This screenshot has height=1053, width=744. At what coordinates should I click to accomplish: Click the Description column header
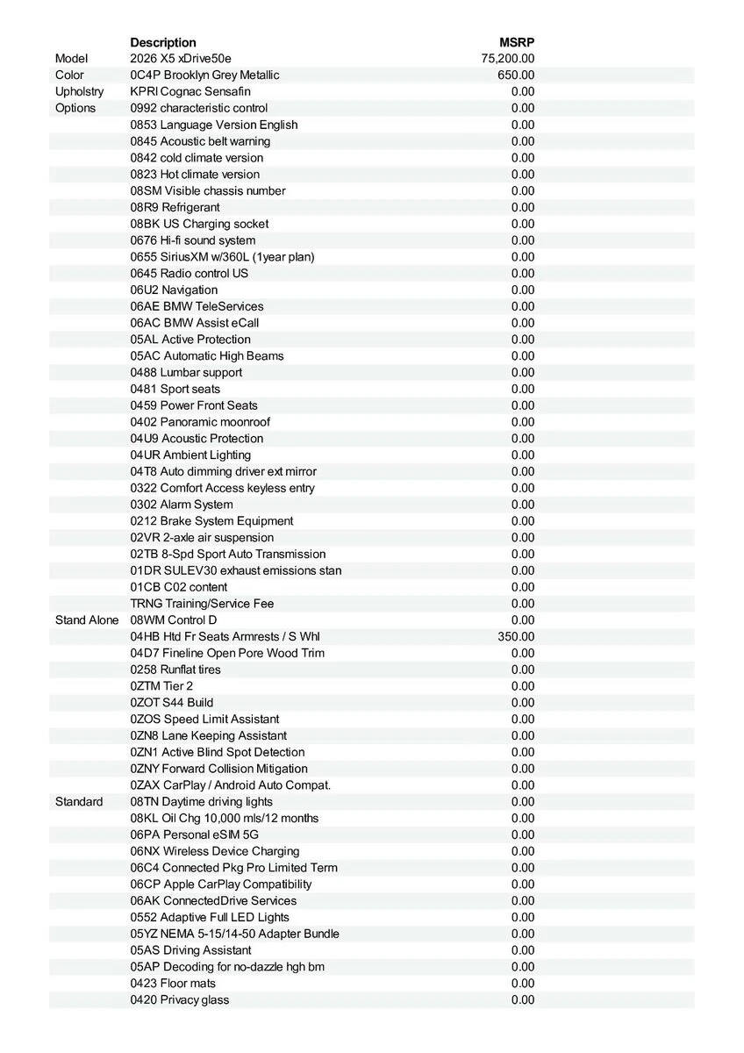[163, 42]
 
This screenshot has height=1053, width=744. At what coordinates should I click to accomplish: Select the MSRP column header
[517, 42]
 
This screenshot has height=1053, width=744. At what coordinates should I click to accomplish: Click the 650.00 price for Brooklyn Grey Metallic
[516, 75]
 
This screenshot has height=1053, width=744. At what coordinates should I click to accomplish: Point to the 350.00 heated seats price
[516, 636]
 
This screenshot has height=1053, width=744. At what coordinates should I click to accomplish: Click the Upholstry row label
[79, 91]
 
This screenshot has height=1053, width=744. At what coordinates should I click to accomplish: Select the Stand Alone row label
[86, 620]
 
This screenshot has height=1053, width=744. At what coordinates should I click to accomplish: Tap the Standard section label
[79, 801]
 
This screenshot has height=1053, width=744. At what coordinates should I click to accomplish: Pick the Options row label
[75, 108]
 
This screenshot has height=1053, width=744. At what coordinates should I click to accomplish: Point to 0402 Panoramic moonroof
[200, 422]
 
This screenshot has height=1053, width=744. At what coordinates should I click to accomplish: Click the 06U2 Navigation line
[174, 290]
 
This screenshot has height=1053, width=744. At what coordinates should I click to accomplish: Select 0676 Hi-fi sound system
[193, 240]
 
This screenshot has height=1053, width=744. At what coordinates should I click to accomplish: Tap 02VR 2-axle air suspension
[202, 537]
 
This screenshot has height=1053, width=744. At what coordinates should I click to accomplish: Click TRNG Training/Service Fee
[202, 604]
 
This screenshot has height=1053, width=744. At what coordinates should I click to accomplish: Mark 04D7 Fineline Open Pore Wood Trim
[227, 653]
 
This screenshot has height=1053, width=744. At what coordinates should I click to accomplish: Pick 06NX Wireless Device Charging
[215, 851]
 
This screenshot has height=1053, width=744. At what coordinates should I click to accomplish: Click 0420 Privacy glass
[180, 999]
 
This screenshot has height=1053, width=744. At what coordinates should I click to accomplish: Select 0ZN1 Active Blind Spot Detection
[218, 752]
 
